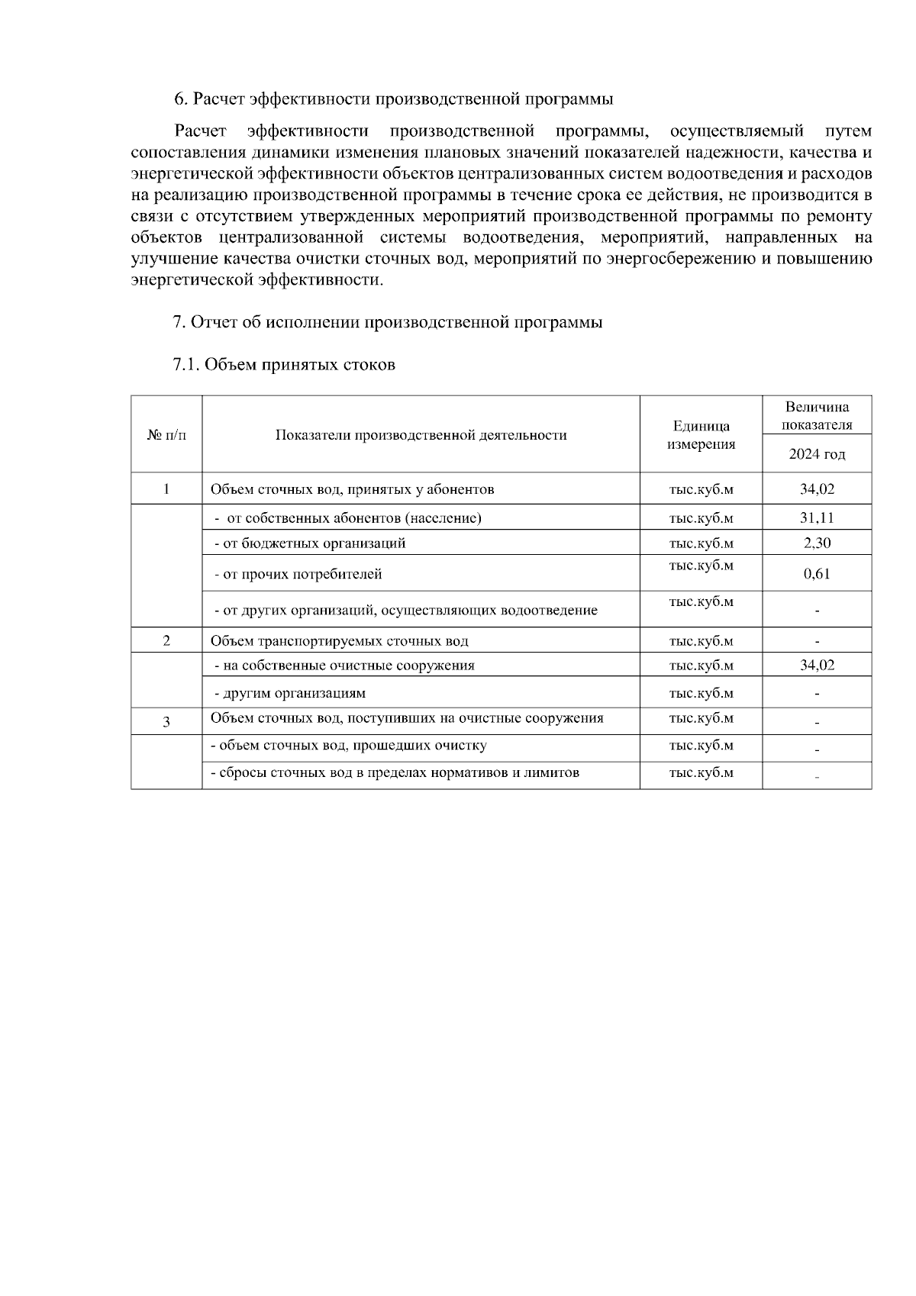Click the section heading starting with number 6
(x=393, y=99)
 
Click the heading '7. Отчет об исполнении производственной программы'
(x=388, y=322)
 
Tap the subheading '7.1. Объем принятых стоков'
(x=284, y=364)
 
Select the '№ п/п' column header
(x=166, y=435)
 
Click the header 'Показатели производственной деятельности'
(x=421, y=435)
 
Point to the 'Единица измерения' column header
(x=701, y=435)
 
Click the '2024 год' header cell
(x=817, y=454)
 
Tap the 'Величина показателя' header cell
(x=817, y=416)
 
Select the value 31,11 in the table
(x=817, y=518)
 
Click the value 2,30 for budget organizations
(x=817, y=543)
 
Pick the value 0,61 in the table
(x=817, y=574)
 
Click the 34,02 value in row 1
(x=817, y=489)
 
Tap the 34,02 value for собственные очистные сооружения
(x=817, y=666)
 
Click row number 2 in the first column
(x=166, y=641)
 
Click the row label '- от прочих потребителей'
(x=298, y=574)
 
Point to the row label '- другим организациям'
(x=289, y=694)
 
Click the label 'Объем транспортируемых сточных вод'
(x=340, y=641)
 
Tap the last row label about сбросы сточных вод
(x=395, y=773)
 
